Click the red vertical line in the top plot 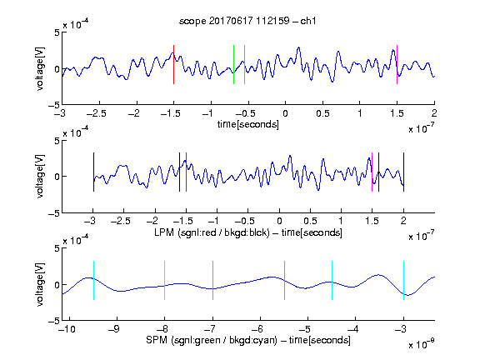tap(173, 65)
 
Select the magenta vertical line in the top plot tap(397, 65)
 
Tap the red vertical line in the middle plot tap(186, 172)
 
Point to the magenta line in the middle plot tap(372, 172)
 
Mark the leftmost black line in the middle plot tap(93, 172)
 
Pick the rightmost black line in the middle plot tap(404, 172)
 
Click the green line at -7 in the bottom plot tap(212, 280)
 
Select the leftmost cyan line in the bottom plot tap(93, 280)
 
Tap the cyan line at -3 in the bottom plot tap(404, 280)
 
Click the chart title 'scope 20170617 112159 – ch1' tap(247, 21)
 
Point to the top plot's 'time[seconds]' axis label tap(248, 124)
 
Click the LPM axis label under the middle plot tap(248, 232)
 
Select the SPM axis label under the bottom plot tap(248, 340)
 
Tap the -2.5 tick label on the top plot tap(97, 113)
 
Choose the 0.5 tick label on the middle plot tap(310, 221)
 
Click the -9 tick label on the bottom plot tap(114, 329)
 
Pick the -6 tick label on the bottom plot tap(257, 329)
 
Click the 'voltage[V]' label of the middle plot tap(40, 177)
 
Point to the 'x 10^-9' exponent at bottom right tap(422, 344)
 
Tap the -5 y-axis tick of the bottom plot tap(54, 321)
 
